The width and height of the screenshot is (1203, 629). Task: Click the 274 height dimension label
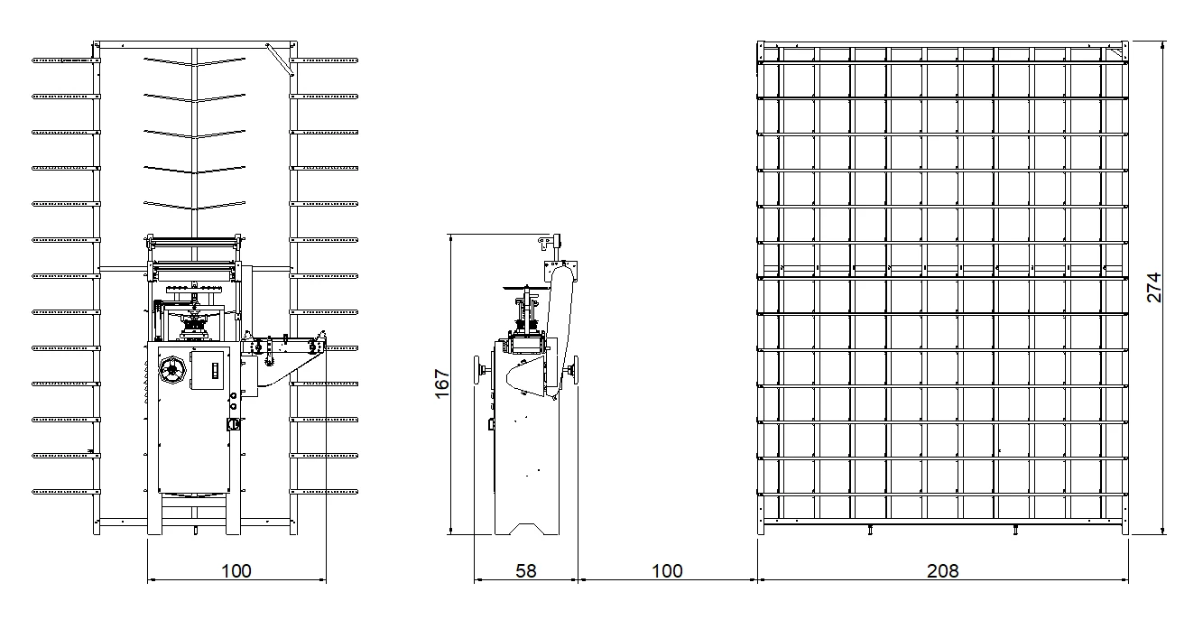[1154, 287]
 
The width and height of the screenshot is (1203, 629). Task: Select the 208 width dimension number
[942, 570]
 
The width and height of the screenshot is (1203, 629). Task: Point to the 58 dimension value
[525, 570]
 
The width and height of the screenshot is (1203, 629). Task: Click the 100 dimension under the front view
[236, 570]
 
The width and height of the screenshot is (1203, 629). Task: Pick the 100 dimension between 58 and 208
[666, 570]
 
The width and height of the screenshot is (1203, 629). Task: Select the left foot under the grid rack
[869, 531]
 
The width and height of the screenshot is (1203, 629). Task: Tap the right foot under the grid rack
[1017, 531]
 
